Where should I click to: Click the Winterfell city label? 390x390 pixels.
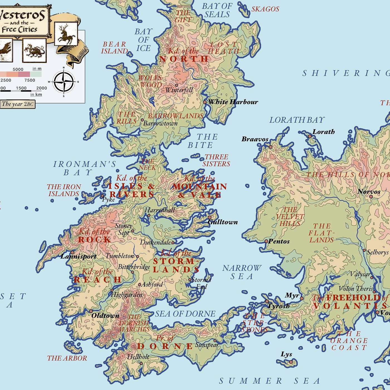click(179, 90)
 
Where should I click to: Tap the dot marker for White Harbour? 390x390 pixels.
click(205, 102)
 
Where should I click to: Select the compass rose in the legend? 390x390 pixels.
click(64, 82)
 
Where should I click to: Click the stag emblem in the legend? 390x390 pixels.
click(66, 34)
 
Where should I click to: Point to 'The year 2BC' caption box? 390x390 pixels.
click(18, 104)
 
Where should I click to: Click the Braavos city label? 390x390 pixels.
click(255, 139)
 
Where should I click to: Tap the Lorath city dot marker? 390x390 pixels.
click(310, 136)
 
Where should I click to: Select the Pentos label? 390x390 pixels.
click(279, 241)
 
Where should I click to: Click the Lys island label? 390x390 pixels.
click(286, 354)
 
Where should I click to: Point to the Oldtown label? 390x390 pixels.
click(105, 316)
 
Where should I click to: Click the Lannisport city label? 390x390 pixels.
click(79, 256)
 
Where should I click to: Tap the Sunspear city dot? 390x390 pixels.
click(215, 340)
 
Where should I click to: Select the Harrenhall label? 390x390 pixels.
click(160, 210)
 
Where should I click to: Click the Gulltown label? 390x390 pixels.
click(223, 222)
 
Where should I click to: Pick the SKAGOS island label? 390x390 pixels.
click(265, 9)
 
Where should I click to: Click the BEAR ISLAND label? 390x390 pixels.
click(114, 48)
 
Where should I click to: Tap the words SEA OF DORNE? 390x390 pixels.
click(185, 314)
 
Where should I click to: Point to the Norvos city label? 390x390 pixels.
click(369, 192)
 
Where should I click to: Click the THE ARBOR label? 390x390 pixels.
click(67, 358)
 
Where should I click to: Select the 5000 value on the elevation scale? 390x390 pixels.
click(18, 69)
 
